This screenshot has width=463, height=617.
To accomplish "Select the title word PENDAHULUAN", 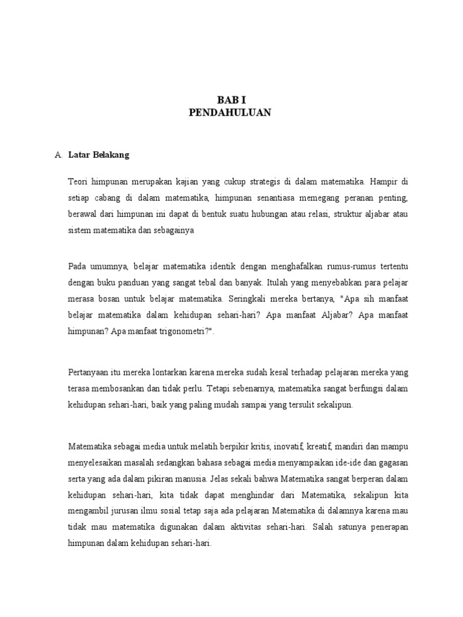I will [230, 113].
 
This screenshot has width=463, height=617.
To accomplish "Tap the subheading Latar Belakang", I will [99, 155].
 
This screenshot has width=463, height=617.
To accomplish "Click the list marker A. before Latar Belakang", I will [58, 155].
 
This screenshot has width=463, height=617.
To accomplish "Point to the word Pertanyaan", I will [90, 372].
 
